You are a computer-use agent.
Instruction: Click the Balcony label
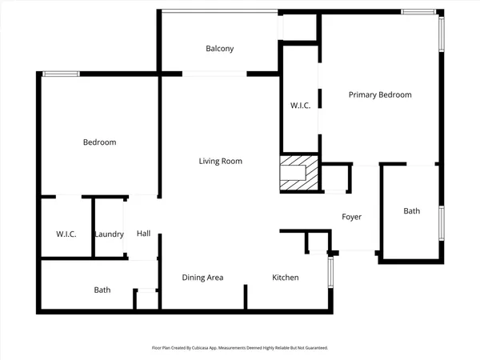(219, 49)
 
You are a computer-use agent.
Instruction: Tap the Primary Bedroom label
(380, 94)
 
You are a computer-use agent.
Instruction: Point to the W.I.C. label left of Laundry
(66, 234)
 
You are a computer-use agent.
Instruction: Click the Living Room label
(220, 162)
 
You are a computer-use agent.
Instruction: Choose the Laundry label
(108, 234)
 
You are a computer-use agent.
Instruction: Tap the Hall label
(143, 234)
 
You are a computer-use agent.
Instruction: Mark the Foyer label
(352, 217)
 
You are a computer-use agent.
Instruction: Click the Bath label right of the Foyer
(411, 211)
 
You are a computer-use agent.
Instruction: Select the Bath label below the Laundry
(102, 290)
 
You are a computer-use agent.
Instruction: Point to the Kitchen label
(286, 278)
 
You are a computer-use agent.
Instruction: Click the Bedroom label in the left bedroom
(100, 142)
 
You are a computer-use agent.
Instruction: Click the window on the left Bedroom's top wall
(61, 74)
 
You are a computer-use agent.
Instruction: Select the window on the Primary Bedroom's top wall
(418, 12)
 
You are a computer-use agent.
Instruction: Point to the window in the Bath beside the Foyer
(441, 223)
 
